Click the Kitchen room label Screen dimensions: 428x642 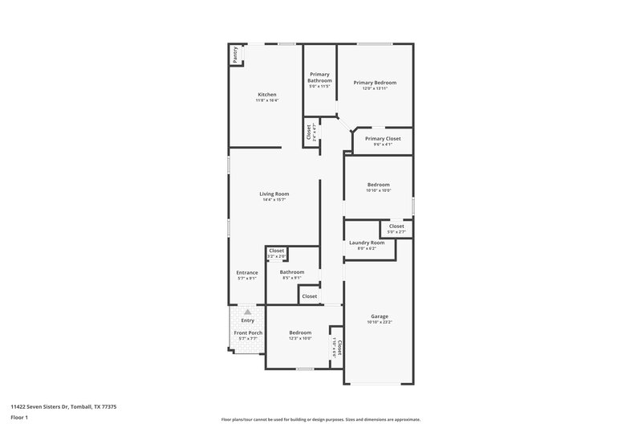[266, 95]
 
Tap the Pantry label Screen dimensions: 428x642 [234, 55]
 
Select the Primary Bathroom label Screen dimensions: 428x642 [319, 77]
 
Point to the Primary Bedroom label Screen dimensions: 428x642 [375, 83]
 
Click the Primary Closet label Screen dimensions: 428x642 [382, 139]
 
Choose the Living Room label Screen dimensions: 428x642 [274, 194]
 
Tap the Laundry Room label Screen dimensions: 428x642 [366, 243]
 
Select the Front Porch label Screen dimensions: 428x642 [248, 332]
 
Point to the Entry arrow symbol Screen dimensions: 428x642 [248, 312]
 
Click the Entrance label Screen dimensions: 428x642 [246, 272]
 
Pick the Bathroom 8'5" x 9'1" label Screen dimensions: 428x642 [291, 272]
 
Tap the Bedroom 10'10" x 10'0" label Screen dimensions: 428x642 [378, 185]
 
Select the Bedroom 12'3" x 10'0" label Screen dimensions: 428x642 [300, 332]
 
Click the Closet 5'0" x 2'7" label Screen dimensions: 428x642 [396, 226]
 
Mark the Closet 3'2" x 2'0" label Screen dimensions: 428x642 [276, 251]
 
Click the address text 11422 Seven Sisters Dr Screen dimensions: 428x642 [63, 406]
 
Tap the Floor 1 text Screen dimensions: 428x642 [20, 418]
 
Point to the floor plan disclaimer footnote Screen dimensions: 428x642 [320, 419]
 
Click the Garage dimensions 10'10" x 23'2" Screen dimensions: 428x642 [379, 322]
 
